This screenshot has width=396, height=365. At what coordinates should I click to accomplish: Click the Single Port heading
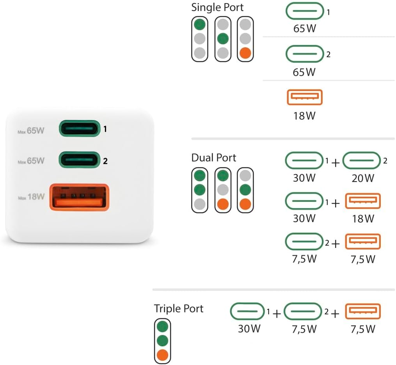pyautogui.click(x=217, y=7)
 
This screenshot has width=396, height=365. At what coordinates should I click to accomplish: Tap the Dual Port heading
pyautogui.click(x=213, y=158)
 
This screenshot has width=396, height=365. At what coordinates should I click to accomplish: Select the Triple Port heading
pyautogui.click(x=178, y=309)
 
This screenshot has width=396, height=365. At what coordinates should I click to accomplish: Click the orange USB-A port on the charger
pyautogui.click(x=78, y=197)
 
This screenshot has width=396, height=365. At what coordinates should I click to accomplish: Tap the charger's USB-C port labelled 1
pyautogui.click(x=78, y=128)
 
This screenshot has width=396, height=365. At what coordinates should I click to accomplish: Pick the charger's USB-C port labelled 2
pyautogui.click(x=78, y=160)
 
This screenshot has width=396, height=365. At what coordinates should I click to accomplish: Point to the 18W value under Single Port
pyautogui.click(x=304, y=116)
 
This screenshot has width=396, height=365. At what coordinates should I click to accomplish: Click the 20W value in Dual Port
pyautogui.click(x=363, y=178)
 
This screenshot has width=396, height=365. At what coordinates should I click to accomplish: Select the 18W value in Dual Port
pyautogui.click(x=363, y=218)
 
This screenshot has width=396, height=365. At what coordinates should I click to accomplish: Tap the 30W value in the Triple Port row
pyautogui.click(x=249, y=329)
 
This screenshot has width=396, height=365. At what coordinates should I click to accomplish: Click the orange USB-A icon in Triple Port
pyautogui.click(x=363, y=311)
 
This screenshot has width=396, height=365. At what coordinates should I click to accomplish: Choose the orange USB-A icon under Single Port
pyautogui.click(x=305, y=97)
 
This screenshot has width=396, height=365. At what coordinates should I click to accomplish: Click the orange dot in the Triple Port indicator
pyautogui.click(x=162, y=355)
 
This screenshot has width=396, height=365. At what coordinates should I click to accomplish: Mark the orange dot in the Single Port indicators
pyautogui.click(x=245, y=53)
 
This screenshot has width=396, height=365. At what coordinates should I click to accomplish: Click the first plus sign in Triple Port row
pyautogui.click(x=277, y=313)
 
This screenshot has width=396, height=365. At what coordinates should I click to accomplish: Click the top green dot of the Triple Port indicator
pyautogui.click(x=162, y=326)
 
